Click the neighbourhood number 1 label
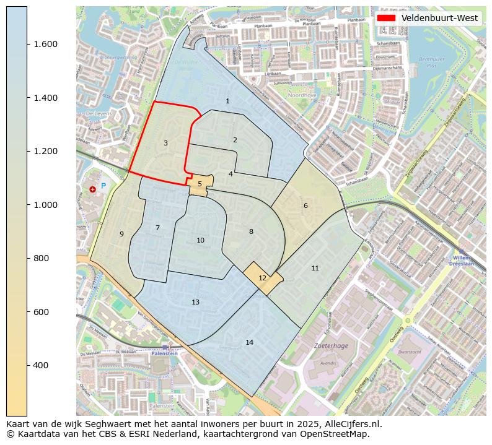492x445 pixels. (x=227, y=101)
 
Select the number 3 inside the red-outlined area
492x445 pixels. (x=165, y=144)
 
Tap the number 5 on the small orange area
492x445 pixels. (x=200, y=184)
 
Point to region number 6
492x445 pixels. (x=305, y=206)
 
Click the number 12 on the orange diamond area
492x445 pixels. (x=262, y=279)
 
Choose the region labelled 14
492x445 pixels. (x=249, y=343)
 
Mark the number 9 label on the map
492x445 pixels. (x=121, y=234)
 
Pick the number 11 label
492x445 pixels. (x=315, y=268)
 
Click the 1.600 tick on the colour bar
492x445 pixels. (x=42, y=44)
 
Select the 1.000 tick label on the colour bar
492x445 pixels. (x=42, y=205)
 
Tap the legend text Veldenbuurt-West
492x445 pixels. (x=439, y=18)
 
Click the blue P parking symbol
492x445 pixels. (x=103, y=186)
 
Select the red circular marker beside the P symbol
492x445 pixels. (x=92, y=189)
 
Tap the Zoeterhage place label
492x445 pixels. (x=328, y=346)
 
